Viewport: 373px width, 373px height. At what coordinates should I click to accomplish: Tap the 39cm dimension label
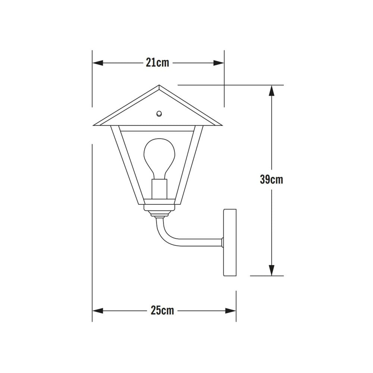click(x=272, y=179)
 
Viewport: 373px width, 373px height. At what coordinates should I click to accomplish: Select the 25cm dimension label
click(x=162, y=310)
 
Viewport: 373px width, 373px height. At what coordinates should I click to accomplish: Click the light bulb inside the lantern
click(x=159, y=157)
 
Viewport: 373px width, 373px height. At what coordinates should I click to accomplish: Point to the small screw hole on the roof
click(x=159, y=113)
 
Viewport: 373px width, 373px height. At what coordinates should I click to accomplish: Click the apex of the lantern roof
click(x=159, y=86)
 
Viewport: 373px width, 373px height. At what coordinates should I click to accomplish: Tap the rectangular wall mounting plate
click(x=230, y=242)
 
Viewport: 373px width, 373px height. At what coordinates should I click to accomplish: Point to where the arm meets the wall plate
click(x=222, y=242)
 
